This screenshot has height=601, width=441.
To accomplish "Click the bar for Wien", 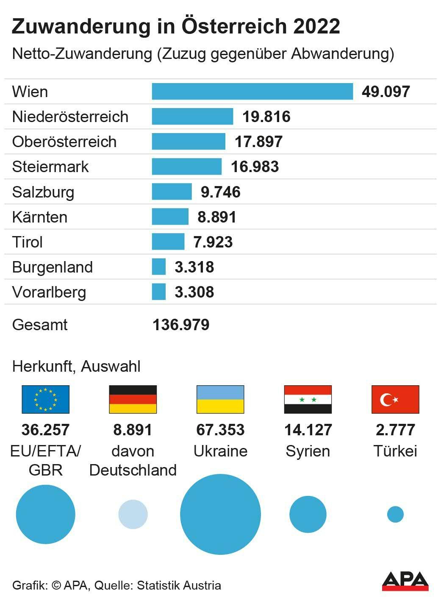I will click(x=252, y=92).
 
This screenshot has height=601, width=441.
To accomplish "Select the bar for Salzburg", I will click(x=172, y=192).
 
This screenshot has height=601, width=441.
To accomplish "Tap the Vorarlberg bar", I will click(x=159, y=292).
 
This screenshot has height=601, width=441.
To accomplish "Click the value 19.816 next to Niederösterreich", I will click(x=266, y=117).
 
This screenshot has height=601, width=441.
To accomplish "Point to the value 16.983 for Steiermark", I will click(x=255, y=167).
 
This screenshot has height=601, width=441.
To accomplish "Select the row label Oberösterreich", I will click(x=64, y=142).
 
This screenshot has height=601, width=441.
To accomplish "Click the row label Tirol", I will click(x=28, y=242).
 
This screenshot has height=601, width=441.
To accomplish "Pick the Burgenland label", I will click(x=53, y=267).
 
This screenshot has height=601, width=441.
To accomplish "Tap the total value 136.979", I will click(x=181, y=325).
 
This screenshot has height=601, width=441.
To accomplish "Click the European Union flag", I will click(x=45, y=399).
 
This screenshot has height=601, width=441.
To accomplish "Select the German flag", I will click(x=133, y=399).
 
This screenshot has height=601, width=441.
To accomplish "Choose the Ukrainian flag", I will click(x=220, y=399).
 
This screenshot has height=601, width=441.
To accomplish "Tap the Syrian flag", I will click(x=308, y=399).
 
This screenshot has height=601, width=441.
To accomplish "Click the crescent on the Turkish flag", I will click(x=387, y=399).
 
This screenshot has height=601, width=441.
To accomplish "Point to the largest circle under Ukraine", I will click(x=220, y=514).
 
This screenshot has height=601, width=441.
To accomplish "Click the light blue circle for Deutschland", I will click(x=133, y=514).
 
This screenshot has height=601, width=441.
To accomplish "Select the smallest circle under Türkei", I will click(x=395, y=514).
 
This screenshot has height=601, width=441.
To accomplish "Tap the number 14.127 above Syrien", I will click(x=308, y=430).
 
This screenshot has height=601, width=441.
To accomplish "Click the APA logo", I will click(x=405, y=581).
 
